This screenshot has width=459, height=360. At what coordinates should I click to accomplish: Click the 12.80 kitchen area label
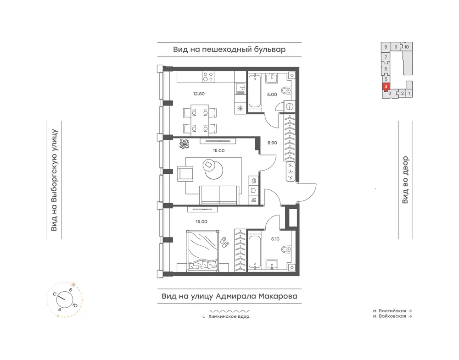coord(199,94)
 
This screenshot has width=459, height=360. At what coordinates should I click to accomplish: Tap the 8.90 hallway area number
coord(272,143)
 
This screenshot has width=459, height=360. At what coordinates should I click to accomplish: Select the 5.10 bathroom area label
coord(275,239)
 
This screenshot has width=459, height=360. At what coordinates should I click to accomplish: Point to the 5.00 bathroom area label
coord(272,94)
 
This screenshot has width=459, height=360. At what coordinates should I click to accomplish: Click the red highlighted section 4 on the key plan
coord(386,87)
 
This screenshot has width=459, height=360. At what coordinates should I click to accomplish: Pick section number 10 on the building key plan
coord(407,47)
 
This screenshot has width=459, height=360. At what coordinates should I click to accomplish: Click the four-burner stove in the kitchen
coord(208,77)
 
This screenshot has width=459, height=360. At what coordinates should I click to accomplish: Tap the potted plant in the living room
coord(184,144)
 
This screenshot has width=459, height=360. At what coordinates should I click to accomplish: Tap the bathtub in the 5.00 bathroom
coord(255,92)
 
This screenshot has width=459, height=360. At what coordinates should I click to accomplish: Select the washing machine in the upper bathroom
coord(289,106)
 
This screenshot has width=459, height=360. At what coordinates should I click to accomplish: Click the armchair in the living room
coord(185,173)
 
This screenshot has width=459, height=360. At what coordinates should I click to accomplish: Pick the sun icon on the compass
coord(73,284)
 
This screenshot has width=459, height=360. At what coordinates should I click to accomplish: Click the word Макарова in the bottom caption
coord(278,296)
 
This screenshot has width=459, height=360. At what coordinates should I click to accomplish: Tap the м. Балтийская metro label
coord(390,311)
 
